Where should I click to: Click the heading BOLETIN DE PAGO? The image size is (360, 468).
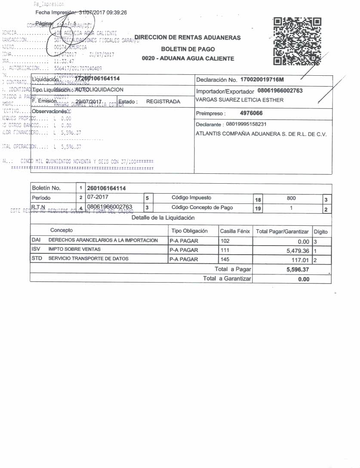188,49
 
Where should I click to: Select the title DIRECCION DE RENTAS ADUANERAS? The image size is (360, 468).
188,38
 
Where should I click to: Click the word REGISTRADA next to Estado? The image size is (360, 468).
163,102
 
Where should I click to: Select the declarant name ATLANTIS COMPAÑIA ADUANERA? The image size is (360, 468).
261,134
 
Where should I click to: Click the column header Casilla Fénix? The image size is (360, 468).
235,231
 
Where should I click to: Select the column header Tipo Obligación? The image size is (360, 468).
189,231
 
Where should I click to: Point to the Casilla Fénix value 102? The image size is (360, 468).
225,241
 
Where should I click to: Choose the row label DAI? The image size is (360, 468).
36,240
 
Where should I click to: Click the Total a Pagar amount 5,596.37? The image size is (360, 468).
298,270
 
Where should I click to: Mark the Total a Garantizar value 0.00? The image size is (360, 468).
303,279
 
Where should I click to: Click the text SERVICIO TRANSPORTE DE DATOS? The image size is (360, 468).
88,259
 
